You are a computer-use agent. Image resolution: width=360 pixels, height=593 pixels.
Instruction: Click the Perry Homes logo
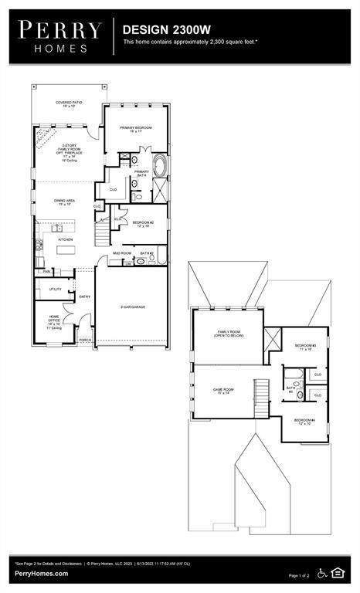tap(60, 36)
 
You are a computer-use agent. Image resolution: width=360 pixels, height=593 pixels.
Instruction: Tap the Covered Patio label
tap(69, 104)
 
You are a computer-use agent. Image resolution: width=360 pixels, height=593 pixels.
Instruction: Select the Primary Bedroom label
tap(135, 129)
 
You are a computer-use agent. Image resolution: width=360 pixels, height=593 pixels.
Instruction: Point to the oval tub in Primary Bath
tap(160, 165)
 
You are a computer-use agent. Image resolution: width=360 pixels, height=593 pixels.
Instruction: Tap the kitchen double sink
tap(57, 229)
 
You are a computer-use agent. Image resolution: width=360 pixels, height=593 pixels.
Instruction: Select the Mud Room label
tap(121, 253)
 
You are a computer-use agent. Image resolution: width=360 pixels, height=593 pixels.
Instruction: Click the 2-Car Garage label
tap(133, 307)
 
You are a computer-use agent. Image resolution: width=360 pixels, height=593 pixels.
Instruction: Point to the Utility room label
tap(55, 290)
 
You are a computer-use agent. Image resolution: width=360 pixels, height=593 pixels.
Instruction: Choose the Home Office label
tap(53, 321)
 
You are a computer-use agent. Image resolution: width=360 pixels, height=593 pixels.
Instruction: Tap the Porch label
tap(84, 339)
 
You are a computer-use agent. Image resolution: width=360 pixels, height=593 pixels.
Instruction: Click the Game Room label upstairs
tap(223, 391)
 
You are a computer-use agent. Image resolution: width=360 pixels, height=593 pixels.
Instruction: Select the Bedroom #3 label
tap(304, 347)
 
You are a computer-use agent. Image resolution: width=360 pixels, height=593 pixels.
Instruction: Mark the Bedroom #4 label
tap(302, 422)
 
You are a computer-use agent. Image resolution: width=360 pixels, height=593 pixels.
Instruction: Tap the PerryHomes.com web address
tap(40, 574)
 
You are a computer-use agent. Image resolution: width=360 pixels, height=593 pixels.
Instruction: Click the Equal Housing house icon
tap(338, 572)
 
